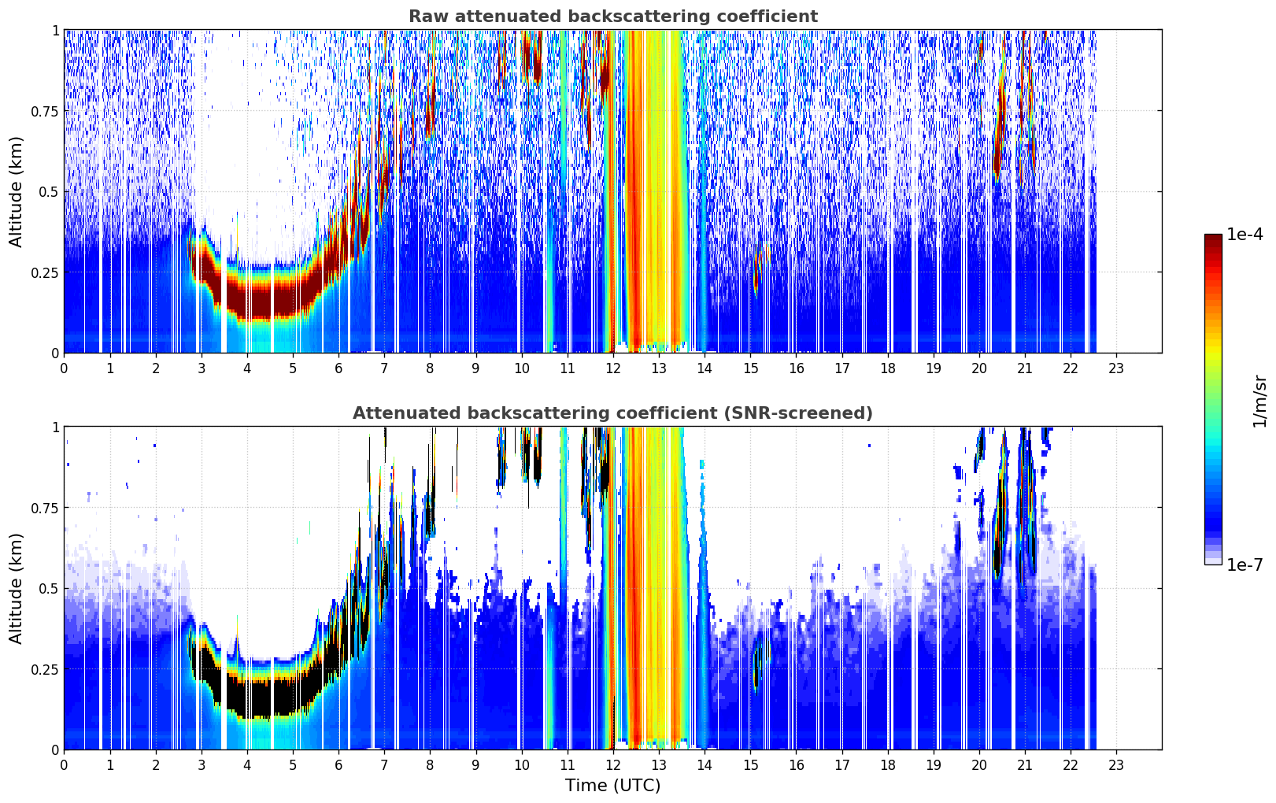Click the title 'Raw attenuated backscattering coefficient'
[x=613, y=16]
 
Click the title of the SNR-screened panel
[x=613, y=413]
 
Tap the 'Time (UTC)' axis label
[x=613, y=786]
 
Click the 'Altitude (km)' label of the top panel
[x=16, y=191]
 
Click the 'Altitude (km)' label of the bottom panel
[x=16, y=588]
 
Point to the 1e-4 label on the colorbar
[x=1245, y=234]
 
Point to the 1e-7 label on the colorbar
[x=1245, y=565]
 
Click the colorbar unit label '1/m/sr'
[x=1259, y=401]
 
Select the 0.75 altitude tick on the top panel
[x=44, y=111]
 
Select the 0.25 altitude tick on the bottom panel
[x=44, y=669]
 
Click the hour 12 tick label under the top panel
[x=613, y=368]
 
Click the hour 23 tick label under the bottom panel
[x=1116, y=765]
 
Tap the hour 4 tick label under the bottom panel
[x=247, y=765]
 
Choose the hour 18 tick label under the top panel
[x=887, y=368]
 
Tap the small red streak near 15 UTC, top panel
[x=756, y=271]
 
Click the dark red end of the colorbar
[x=1213, y=239]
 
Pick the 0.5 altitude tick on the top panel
[x=49, y=192]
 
